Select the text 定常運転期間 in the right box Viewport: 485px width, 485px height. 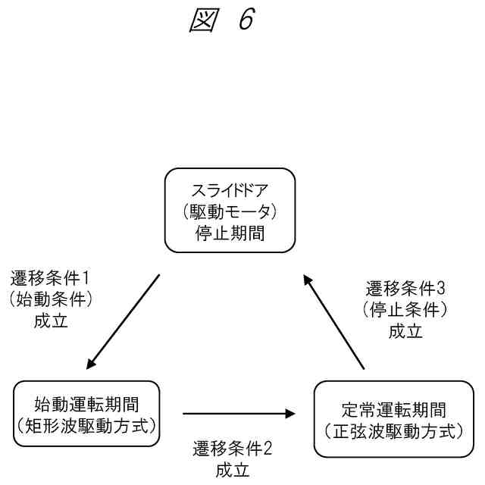pos(387,410)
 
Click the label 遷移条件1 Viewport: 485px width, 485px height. pos(51,277)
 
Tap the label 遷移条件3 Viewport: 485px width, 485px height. pos(405,288)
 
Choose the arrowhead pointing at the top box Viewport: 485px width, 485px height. pos(308,281)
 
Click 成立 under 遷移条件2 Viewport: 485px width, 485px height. pos(233,470)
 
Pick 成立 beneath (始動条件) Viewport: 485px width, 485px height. pos(51,321)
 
